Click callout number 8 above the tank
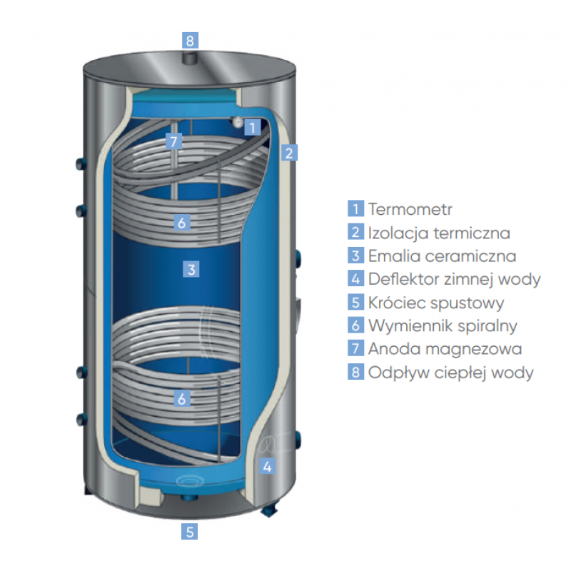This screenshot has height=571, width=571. tap(189, 40)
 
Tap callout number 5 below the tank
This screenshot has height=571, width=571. tap(189, 531)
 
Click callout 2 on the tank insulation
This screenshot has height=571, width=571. tap(288, 152)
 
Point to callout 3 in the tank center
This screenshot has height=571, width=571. tap(191, 269)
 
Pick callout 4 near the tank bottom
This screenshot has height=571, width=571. tap(267, 467)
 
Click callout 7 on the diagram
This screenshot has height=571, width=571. tap(173, 141)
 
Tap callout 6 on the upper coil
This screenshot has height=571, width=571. tap(182, 223)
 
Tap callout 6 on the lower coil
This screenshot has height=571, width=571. tap(182, 399)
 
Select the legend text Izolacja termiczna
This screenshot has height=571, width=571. tap(439, 233)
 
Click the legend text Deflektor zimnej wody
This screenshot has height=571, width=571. tap(454, 279)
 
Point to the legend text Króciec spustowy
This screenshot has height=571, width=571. tap(436, 303)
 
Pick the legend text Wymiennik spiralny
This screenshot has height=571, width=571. tap(443, 326)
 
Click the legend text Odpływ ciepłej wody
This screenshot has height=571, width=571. tap(451, 373)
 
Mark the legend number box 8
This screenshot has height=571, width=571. tap(356, 373)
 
